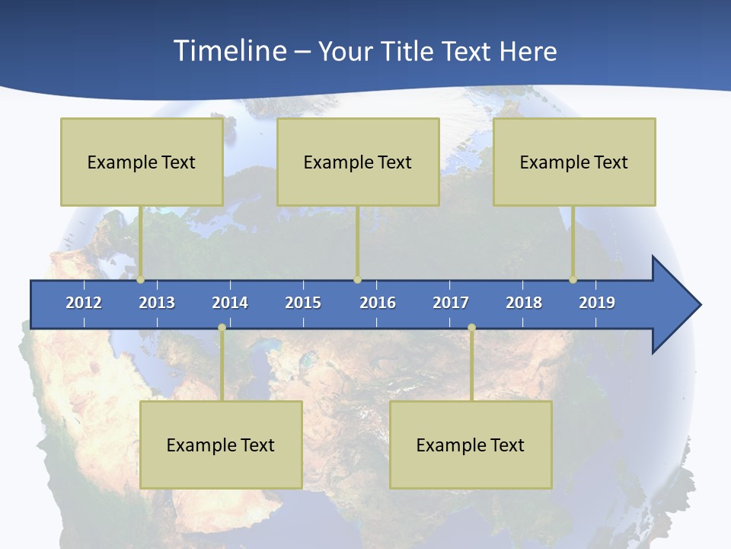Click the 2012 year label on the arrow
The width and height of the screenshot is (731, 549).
pos(84,303)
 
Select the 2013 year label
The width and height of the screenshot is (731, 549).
pos(157,303)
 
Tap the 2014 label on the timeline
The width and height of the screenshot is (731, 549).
pos(230,303)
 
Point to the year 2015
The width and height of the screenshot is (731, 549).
pos(303,303)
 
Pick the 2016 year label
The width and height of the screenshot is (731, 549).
pos(378,303)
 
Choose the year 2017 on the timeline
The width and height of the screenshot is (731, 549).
pos(451,303)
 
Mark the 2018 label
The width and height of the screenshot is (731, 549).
pos(524,303)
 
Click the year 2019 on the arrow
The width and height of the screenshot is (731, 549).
pos(597,303)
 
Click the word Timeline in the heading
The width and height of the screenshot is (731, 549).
pos(230,50)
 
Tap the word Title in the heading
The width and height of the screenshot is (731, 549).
pos(408,51)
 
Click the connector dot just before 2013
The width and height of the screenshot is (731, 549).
pos(140,280)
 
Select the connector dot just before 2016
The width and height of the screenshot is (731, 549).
pos(357,280)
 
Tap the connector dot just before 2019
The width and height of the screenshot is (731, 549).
pos(573,280)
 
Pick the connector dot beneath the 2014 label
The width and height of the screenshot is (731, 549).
pos(222,328)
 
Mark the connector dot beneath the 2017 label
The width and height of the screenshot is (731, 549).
pos(471,328)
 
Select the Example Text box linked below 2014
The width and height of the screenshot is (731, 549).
pos(221,445)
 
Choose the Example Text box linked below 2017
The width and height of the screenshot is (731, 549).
pos(471,445)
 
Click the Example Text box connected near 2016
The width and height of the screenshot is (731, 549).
pos(358,162)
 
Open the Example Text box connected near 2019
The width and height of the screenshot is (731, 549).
pos(574,162)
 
